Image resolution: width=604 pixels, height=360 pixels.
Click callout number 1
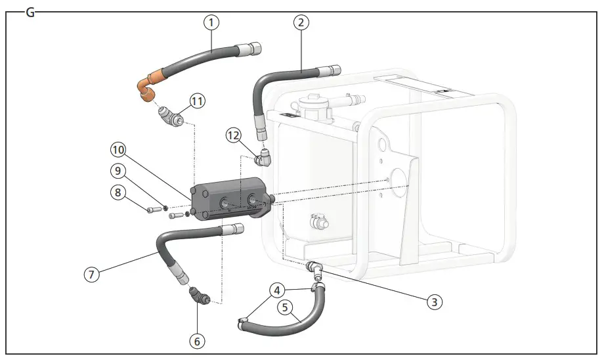click(x=211, y=23)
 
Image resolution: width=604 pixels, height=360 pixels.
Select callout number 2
click(x=300, y=23)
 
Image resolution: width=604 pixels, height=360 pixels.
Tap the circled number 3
click(x=433, y=302)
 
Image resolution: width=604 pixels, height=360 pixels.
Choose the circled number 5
click(x=284, y=306)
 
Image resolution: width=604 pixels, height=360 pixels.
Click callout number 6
click(x=198, y=341)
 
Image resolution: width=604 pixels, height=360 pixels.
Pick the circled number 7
click(x=92, y=273)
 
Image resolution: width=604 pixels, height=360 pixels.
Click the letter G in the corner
click(x=30, y=12)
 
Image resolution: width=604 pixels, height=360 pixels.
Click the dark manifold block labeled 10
click(x=230, y=200)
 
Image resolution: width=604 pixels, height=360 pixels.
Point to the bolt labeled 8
click(x=153, y=210)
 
